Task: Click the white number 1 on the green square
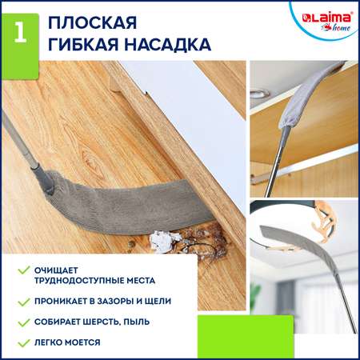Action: pos(21,32)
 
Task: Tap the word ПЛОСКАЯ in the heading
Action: pos(92,23)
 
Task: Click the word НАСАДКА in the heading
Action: pos(168,44)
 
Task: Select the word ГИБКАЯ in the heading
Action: pos(83,44)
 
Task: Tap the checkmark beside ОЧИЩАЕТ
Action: pos(24,270)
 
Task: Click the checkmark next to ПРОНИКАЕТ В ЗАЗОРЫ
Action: pos(24,302)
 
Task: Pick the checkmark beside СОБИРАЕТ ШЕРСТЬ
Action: pos(24,322)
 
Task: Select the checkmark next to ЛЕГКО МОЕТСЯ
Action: pos(24,342)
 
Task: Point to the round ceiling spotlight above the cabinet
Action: pos(259,93)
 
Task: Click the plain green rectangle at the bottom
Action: pos(246,337)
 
